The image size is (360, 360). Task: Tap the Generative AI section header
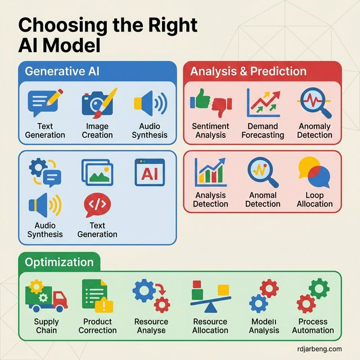pyautogui.click(x=62, y=71)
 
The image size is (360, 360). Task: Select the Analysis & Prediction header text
pyautogui.click(x=248, y=71)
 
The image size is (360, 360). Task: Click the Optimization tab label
pyautogui.click(x=59, y=262)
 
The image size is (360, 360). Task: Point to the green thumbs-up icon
pyautogui.click(x=200, y=99)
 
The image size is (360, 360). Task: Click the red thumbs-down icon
pyautogui.click(x=222, y=107)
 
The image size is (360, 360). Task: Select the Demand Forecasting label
pyautogui.click(x=263, y=130)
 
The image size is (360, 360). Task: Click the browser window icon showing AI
pyautogui.click(x=150, y=172)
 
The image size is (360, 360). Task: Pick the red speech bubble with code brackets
pyautogui.click(x=97, y=204)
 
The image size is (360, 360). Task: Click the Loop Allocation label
pyautogui.click(x=314, y=199)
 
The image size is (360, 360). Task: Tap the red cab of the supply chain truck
pyautogui.click(x=60, y=300)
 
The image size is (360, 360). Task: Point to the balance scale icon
pyautogui.click(x=210, y=296)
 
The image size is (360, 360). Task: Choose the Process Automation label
pyautogui.click(x=313, y=326)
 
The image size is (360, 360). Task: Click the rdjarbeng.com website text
pyautogui.click(x=319, y=349)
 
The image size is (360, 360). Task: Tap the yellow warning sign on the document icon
pyautogui.click(x=104, y=305)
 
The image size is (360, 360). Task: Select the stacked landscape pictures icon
pyautogui.click(x=97, y=172)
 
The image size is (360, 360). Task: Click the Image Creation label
pyautogui.click(x=97, y=130)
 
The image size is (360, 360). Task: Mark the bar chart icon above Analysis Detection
pyautogui.click(x=210, y=172)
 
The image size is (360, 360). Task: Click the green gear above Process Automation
pyautogui.click(x=319, y=289)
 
